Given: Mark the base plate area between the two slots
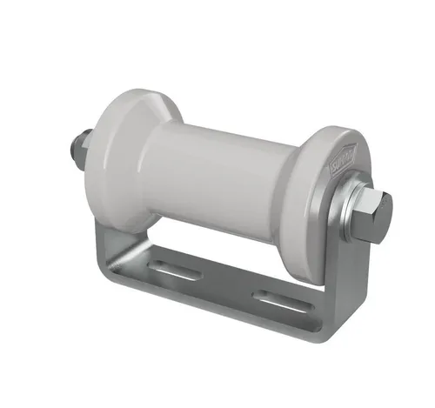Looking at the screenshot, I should [228, 284].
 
